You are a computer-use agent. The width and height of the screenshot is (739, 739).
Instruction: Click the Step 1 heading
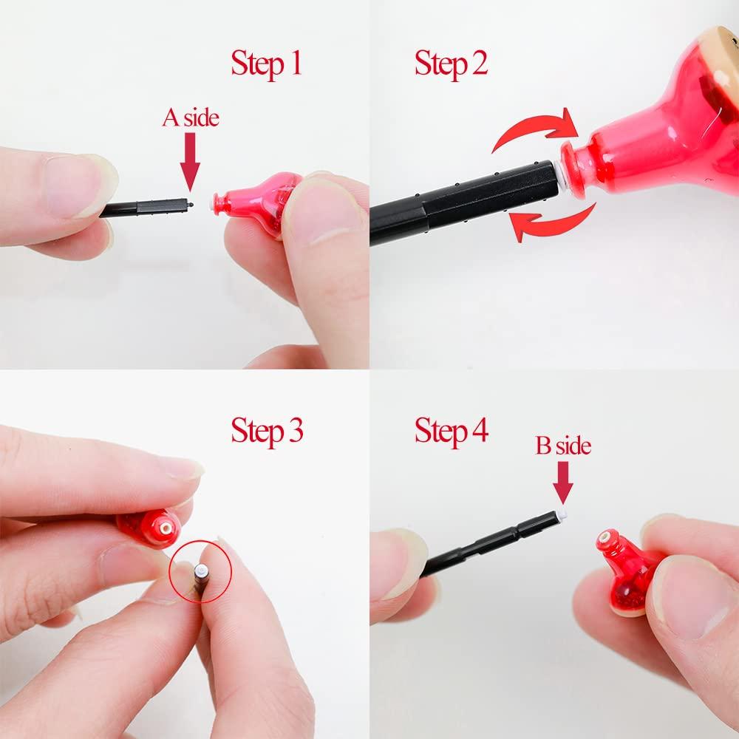266,64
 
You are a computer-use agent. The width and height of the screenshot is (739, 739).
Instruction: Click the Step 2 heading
451,64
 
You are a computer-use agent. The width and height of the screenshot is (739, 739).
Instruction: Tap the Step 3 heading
267,431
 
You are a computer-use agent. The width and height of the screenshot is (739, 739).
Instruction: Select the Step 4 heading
451,431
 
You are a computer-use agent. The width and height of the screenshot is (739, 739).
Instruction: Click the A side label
191,118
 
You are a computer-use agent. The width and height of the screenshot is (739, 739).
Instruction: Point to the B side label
563,446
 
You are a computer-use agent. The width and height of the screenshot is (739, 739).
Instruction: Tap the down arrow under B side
563,483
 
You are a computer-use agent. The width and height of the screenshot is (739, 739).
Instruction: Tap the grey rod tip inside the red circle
202,572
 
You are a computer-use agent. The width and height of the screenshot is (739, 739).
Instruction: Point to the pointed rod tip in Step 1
191,205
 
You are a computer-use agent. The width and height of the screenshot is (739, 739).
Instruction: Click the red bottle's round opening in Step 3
166,528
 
